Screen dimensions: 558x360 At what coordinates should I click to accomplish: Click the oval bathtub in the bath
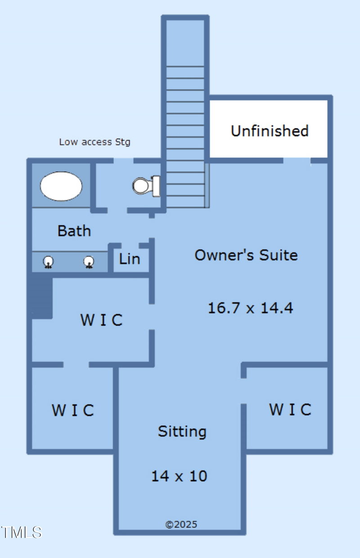(61, 186)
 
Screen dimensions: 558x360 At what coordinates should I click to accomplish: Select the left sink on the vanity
(49, 262)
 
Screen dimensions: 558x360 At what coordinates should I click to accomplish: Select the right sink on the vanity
(89, 262)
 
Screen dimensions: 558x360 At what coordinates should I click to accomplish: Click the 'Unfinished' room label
(270, 131)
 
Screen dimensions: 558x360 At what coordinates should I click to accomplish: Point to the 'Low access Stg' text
(94, 142)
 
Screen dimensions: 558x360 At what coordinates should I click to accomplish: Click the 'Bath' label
(74, 231)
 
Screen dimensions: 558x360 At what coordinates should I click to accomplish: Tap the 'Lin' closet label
(130, 259)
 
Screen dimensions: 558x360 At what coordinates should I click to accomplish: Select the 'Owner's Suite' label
(246, 255)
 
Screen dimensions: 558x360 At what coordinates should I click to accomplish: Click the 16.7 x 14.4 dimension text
(250, 308)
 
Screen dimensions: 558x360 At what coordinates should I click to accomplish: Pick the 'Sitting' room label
(182, 431)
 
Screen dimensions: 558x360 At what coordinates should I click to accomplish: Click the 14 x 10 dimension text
(179, 476)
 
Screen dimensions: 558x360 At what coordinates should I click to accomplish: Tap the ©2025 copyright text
(181, 524)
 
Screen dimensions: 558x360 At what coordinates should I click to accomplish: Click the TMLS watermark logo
(21, 532)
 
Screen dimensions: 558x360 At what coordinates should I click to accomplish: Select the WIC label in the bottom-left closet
(72, 410)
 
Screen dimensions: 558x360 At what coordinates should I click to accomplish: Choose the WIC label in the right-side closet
(290, 410)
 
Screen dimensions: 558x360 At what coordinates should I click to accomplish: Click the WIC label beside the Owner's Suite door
(101, 320)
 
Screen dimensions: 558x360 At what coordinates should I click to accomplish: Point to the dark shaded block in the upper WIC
(42, 297)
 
